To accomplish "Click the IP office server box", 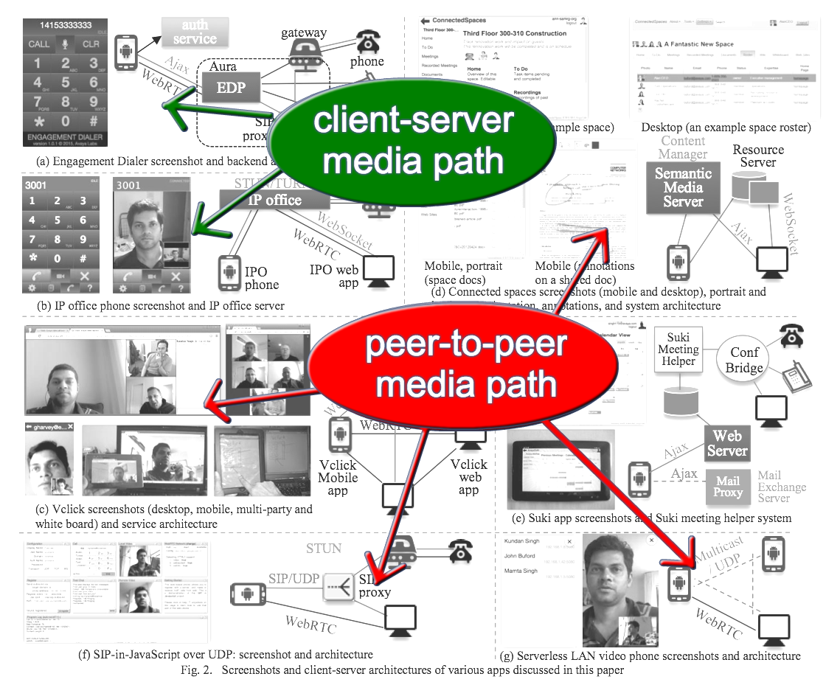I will tap(274, 199).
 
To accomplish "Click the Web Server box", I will tap(727, 442).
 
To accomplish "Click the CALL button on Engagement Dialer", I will tap(39, 44).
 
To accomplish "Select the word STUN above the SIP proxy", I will tap(324, 549).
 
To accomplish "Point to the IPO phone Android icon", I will tap(229, 272).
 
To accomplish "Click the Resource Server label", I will tap(758, 156).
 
